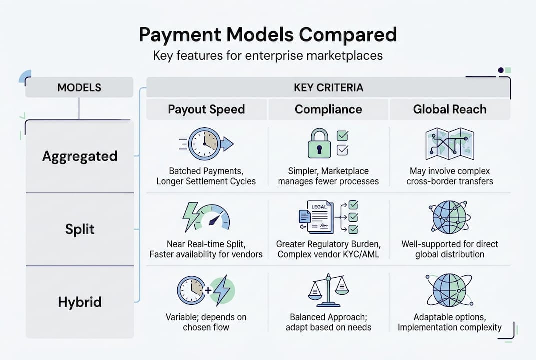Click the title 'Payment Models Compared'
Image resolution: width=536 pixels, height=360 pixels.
click(268, 35)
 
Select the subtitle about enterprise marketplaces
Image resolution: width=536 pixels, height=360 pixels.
click(268, 55)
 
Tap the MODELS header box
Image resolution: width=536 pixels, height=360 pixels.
click(79, 88)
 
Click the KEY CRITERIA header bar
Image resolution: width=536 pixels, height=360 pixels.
click(328, 88)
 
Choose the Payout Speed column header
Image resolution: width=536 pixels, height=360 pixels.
click(206, 109)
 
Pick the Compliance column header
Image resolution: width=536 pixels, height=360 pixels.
click(328, 109)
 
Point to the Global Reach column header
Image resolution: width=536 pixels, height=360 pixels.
click(449, 109)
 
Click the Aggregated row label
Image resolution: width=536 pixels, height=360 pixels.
click(79, 156)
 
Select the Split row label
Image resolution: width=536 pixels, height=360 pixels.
click(79, 229)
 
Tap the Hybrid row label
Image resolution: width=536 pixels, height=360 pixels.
click(79, 302)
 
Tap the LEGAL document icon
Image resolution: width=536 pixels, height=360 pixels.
click(320, 217)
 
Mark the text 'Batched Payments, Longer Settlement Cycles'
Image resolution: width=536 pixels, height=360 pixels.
click(206, 176)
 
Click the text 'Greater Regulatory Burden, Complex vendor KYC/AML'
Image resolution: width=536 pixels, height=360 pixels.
click(328, 249)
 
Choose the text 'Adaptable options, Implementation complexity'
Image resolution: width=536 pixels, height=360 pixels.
click(449, 322)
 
